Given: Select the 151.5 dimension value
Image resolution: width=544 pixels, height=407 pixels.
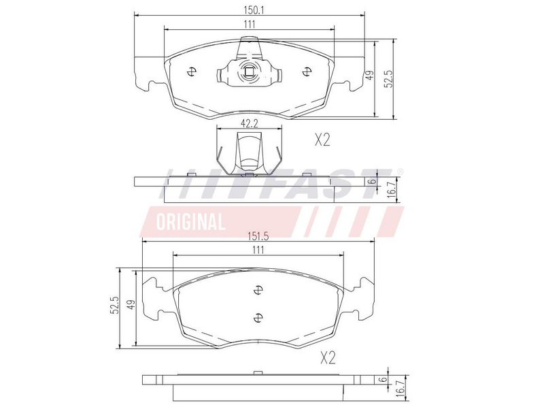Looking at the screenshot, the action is point(258,236).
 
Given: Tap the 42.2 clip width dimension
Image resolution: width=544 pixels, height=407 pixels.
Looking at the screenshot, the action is point(250,124).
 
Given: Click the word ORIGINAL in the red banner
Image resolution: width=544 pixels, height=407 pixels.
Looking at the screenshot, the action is point(190,222).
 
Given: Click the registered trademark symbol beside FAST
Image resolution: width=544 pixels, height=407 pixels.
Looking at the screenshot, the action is point(400,172).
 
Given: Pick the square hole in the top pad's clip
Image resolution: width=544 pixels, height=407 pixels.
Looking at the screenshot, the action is point(248,72).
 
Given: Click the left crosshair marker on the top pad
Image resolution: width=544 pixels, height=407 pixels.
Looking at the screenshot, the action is point(191,72).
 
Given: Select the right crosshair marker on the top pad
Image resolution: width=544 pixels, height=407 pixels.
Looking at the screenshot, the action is point(307,72).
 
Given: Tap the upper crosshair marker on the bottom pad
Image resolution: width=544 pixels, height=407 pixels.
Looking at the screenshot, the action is point(258,289).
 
